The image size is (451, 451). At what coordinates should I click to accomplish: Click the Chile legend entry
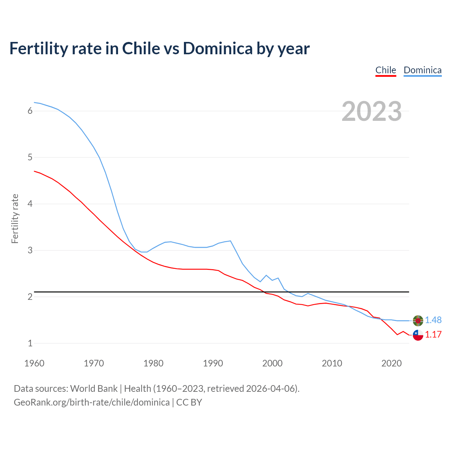pyautogui.click(x=385, y=70)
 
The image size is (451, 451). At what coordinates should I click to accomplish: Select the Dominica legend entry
pyautogui.click(x=422, y=70)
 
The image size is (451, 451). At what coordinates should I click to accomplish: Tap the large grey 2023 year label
pyautogui.click(x=372, y=111)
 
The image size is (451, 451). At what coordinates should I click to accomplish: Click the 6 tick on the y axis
pyautogui.click(x=30, y=111)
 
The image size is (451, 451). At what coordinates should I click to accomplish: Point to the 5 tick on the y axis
pyautogui.click(x=30, y=157)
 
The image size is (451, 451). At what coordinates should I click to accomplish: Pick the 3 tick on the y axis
pyautogui.click(x=30, y=251)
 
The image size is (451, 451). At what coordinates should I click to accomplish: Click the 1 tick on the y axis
pyautogui.click(x=30, y=343)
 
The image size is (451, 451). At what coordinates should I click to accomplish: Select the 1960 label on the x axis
pyautogui.click(x=34, y=363)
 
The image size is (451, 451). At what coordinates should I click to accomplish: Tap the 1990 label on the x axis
pyautogui.click(x=213, y=363)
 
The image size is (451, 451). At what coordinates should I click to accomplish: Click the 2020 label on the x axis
pyautogui.click(x=391, y=363)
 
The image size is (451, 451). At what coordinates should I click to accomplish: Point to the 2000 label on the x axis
pyautogui.click(x=272, y=363)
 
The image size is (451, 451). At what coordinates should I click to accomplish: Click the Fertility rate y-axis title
pyautogui.click(x=15, y=218)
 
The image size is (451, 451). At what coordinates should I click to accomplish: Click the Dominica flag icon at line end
pyautogui.click(x=418, y=321)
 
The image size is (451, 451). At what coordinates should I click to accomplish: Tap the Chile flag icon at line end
pyautogui.click(x=418, y=335)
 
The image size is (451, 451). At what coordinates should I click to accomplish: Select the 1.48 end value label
pyautogui.click(x=433, y=320)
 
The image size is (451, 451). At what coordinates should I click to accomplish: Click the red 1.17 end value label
pyautogui.click(x=433, y=335)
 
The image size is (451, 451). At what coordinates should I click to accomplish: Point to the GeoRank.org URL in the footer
pyautogui.click(x=92, y=402)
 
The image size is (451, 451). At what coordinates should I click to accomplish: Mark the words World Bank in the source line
pyautogui.click(x=94, y=389)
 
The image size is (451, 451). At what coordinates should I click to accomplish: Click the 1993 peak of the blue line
pyautogui.click(x=230, y=241)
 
